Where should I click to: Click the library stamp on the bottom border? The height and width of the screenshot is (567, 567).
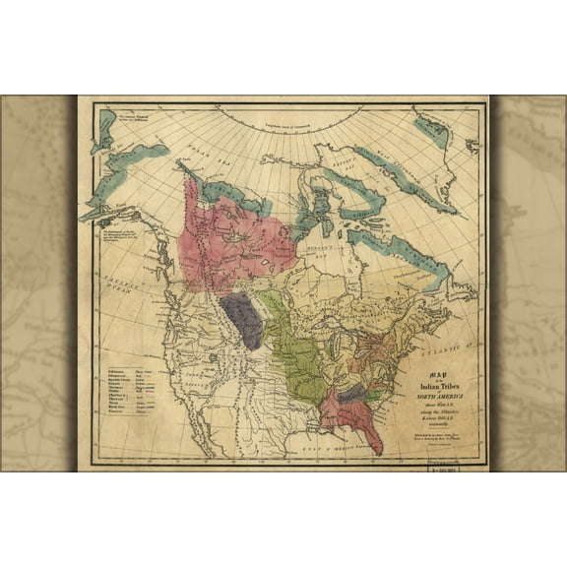[x=445, y=468]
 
